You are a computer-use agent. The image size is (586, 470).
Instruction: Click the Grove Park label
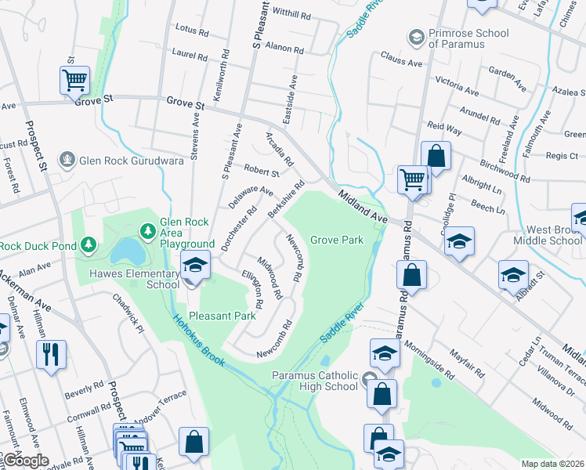337,240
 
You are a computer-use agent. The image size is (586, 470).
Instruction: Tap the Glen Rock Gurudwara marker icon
68,161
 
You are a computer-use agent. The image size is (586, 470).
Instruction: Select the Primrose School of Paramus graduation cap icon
415,37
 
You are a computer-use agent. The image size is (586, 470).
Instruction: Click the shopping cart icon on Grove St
74,80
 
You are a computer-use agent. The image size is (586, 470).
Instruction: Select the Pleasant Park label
228,316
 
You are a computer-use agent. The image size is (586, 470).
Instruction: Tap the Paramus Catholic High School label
315,381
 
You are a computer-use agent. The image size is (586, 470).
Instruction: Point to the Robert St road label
261,170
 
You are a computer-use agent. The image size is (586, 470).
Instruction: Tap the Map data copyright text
553,464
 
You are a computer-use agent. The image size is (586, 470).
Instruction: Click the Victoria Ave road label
457,81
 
